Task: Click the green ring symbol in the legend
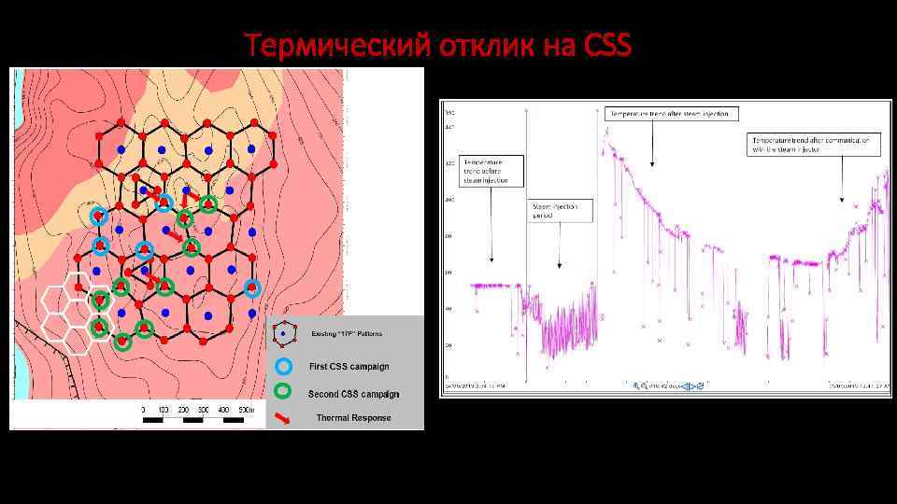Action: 286,392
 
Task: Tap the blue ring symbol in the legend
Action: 286,366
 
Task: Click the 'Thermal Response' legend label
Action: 354,417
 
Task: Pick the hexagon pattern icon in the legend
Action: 286,332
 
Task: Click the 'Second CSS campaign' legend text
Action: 353,393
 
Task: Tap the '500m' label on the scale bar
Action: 245,410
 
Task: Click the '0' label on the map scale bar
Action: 143,410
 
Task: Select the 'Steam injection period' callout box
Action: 560,211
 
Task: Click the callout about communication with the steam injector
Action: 814,143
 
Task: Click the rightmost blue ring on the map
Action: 251,287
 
